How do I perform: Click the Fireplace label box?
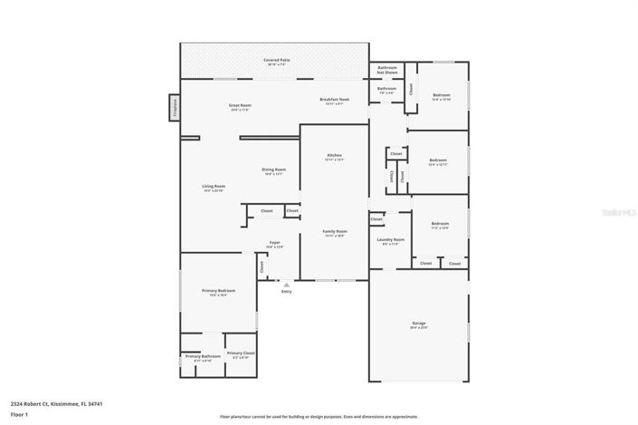click(x=173, y=108)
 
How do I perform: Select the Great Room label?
click(x=239, y=107)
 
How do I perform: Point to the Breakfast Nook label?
click(x=335, y=101)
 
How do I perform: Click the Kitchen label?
click(x=334, y=157)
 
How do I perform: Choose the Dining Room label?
click(x=273, y=171)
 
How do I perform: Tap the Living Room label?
click(x=214, y=188)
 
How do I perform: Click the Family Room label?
click(x=335, y=233)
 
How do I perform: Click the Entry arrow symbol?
click(x=287, y=285)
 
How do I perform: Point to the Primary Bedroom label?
click(x=218, y=292)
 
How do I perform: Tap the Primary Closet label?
click(x=241, y=354)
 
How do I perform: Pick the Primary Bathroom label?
click(x=203, y=358)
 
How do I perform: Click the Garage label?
click(x=418, y=324)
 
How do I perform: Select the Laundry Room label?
click(x=391, y=241)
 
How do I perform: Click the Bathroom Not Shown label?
click(x=387, y=70)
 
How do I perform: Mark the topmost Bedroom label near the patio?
click(x=441, y=96)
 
